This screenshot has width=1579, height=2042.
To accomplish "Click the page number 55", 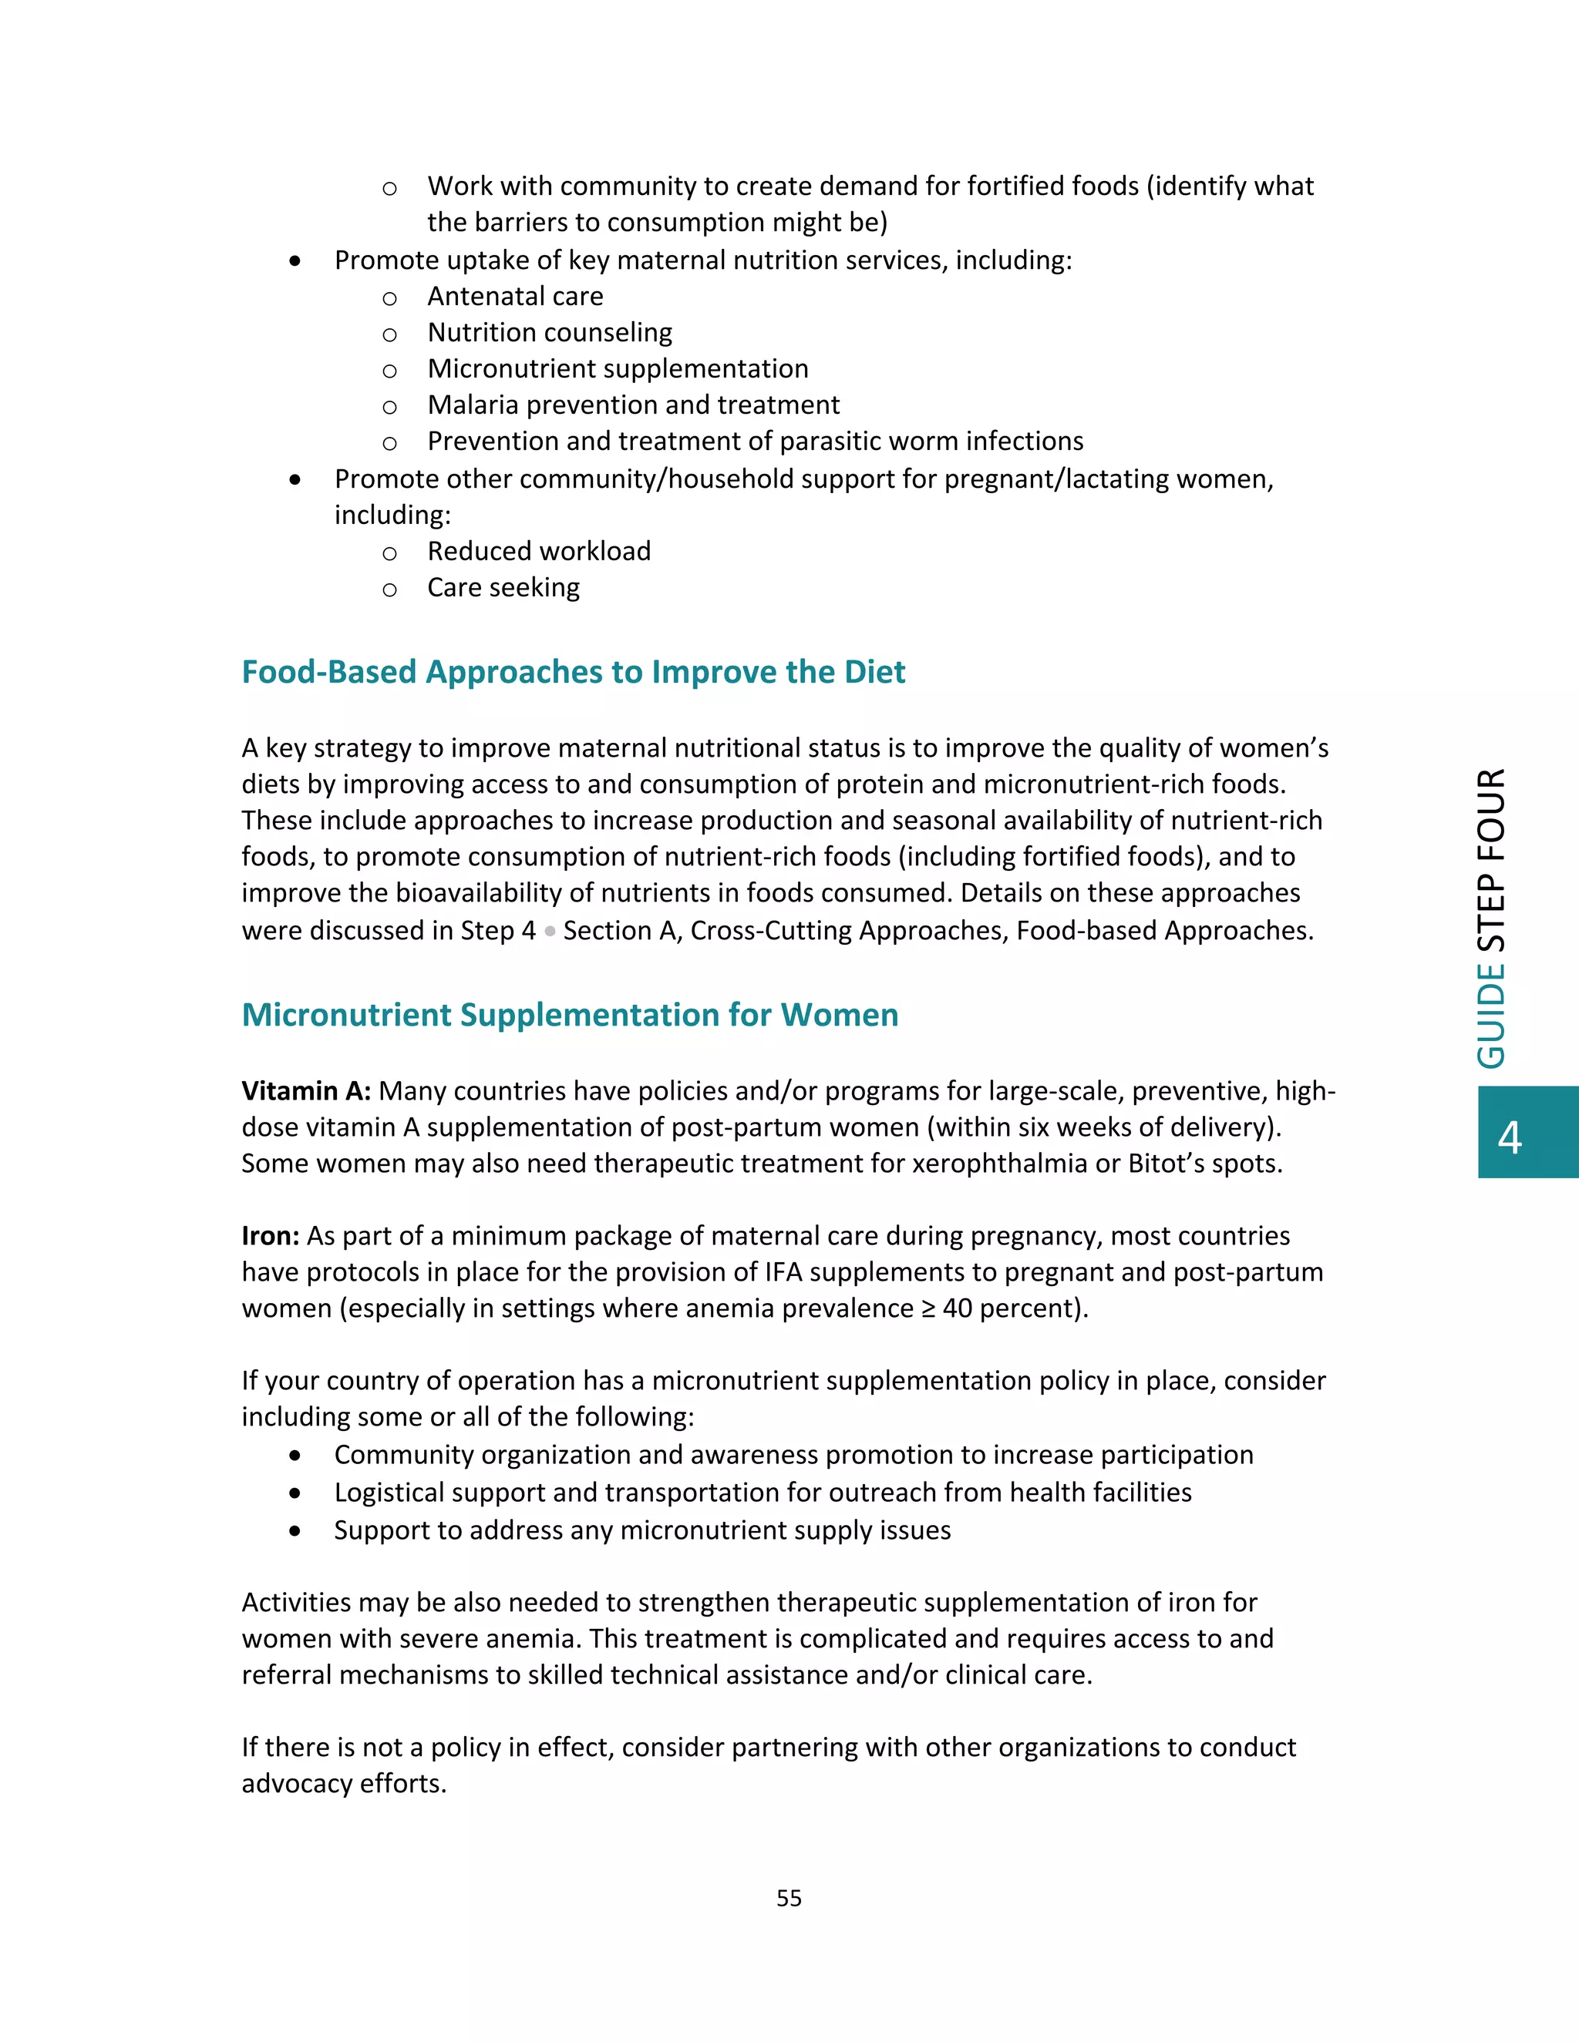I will (789, 1897).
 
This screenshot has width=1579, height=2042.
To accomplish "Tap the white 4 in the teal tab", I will (1510, 1137).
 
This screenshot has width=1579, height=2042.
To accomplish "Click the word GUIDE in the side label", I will (1491, 1016).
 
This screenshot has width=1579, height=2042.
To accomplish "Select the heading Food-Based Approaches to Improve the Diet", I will (573, 671).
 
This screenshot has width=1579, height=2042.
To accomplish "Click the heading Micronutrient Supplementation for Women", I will (570, 1015).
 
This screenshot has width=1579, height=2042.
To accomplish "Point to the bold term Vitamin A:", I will (306, 1091).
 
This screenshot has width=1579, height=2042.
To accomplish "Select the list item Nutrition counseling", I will (549, 333).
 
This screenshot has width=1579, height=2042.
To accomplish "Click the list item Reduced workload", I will (539, 552).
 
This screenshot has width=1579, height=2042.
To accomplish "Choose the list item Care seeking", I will (503, 587).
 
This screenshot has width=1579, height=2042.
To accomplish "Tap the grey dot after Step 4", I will (550, 932).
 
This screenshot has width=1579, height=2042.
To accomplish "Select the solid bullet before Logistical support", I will (295, 1493).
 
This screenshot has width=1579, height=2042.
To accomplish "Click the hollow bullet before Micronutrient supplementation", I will (390, 370).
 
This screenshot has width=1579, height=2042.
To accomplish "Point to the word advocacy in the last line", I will (297, 1784).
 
